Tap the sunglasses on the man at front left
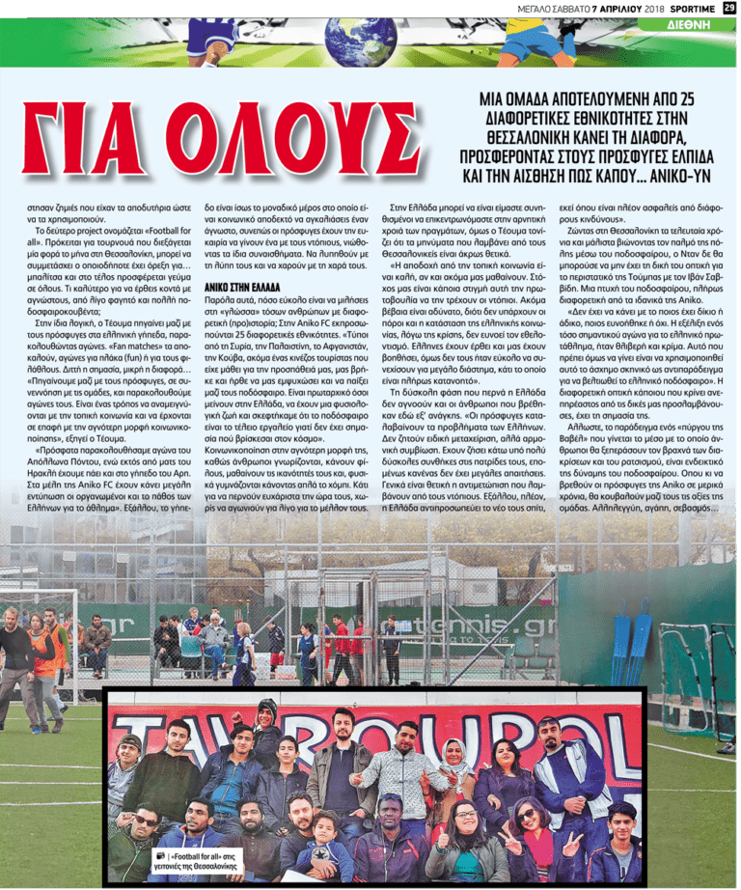tap(144, 820)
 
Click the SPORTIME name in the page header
tap(686, 8)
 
